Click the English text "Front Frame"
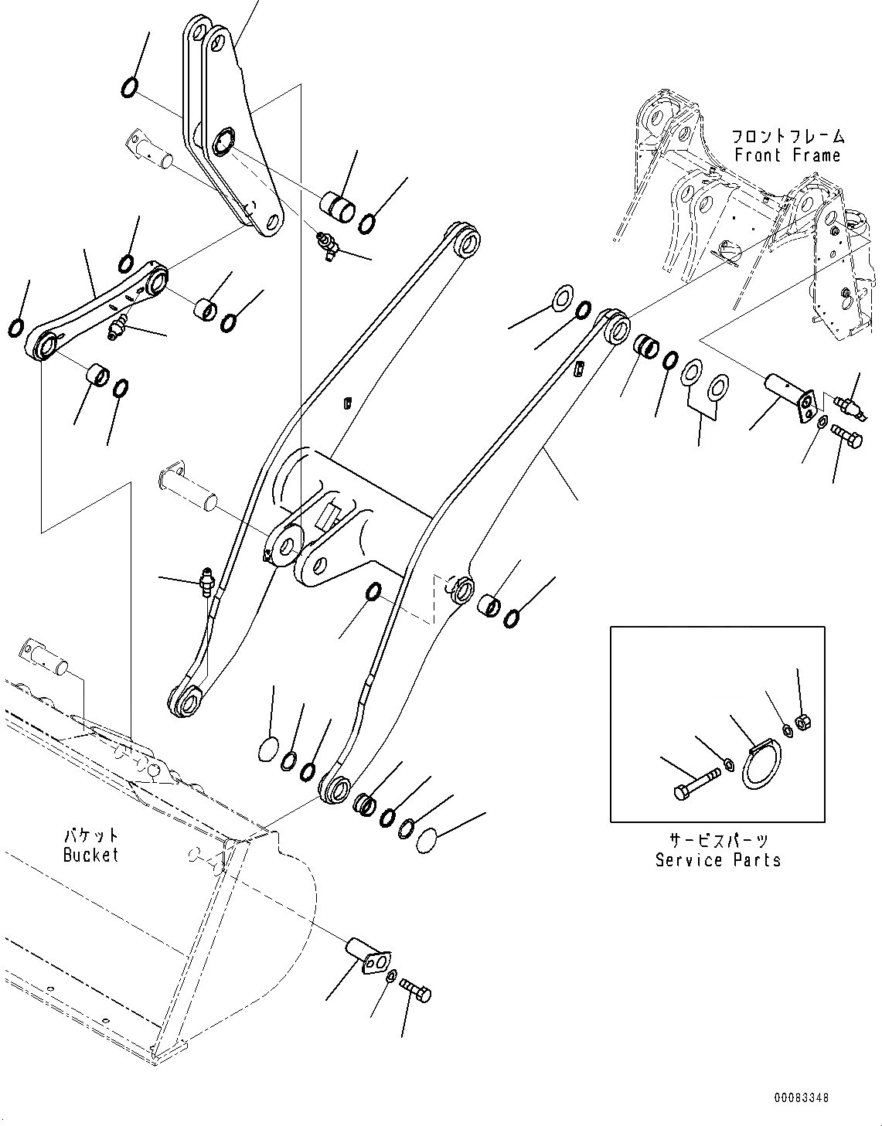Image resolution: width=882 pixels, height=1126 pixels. pos(787,155)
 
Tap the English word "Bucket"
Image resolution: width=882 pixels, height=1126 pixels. pos(91,855)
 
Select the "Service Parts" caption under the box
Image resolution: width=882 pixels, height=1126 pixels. pos(717,859)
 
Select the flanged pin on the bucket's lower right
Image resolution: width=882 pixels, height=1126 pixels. pos(366,952)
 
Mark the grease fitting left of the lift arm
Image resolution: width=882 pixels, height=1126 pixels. pos(206,580)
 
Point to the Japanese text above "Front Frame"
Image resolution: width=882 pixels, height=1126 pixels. pos(788,137)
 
